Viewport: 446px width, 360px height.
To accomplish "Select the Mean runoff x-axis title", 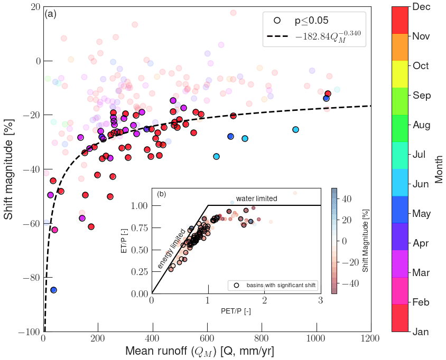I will point(199,350).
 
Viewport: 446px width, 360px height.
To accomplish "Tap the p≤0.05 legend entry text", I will point(311,21).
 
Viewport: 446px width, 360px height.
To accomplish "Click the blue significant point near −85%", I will point(53,290).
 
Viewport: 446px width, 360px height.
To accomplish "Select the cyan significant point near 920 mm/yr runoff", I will point(295,129).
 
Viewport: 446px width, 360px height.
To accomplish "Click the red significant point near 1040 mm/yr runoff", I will point(328,93).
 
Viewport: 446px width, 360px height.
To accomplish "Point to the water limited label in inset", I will point(256,198).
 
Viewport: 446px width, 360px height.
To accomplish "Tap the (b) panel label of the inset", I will point(162,194).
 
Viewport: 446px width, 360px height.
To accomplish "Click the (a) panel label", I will point(51,14).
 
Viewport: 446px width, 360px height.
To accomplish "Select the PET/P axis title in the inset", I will point(236,311).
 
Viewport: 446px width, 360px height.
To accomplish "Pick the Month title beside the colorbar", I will point(439,169).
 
